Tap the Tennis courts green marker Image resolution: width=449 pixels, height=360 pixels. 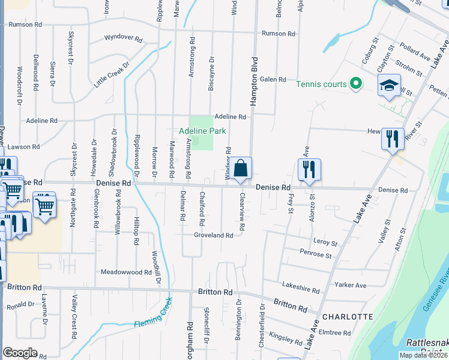(x=355, y=84)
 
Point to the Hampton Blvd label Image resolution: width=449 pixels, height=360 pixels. (x=254, y=82)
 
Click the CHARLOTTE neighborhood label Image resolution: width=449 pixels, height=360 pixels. (x=348, y=316)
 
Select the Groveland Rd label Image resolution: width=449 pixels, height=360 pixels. (x=213, y=236)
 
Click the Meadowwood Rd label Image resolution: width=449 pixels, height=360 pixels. (x=126, y=272)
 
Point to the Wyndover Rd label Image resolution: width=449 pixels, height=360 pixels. (x=123, y=38)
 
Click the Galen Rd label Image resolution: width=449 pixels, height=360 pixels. (x=272, y=80)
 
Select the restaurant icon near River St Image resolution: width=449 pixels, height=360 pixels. (x=393, y=139)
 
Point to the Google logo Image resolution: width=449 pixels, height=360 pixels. (x=20, y=353)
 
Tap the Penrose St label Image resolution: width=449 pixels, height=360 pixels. (x=316, y=256)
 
